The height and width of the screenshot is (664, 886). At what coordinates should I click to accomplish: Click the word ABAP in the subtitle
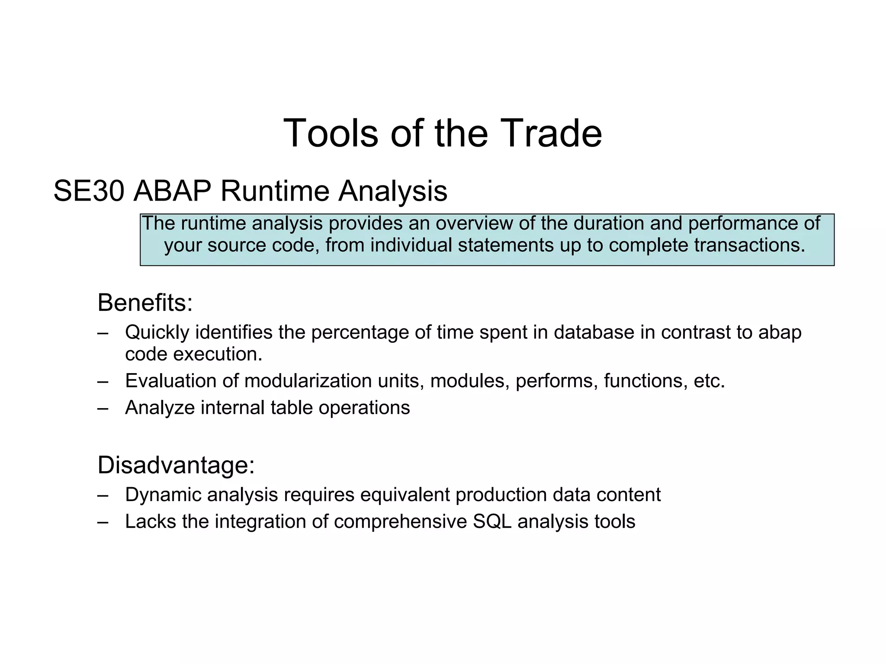pos(172,191)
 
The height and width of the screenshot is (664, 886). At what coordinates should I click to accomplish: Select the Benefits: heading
pos(145,303)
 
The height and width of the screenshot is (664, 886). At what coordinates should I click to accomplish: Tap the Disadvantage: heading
pos(176,465)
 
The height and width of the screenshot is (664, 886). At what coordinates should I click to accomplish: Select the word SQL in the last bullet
pos(492,521)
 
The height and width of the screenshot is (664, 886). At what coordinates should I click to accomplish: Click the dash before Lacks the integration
pos(103,522)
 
